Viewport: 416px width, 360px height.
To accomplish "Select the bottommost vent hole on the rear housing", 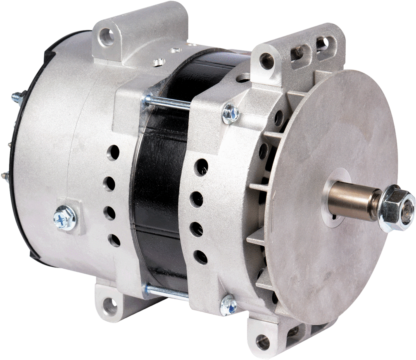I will click(114, 239).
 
